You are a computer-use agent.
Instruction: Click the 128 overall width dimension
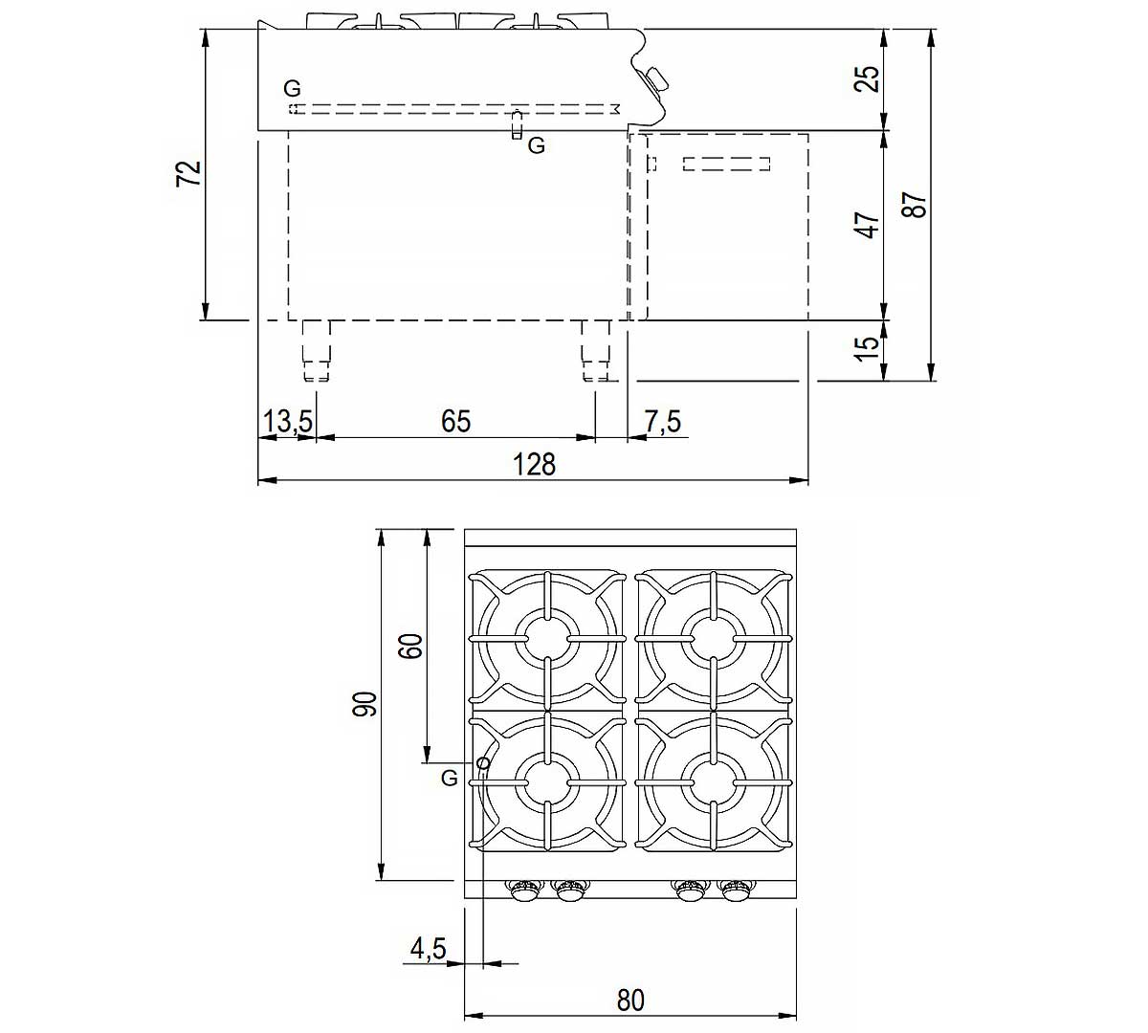(x=534, y=464)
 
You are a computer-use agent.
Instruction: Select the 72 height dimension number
(x=189, y=173)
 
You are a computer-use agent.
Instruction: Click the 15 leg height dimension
(x=868, y=348)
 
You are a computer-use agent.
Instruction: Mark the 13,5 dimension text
(x=288, y=422)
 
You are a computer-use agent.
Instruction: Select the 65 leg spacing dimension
(x=455, y=421)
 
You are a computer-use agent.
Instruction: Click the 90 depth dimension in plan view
(x=364, y=704)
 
